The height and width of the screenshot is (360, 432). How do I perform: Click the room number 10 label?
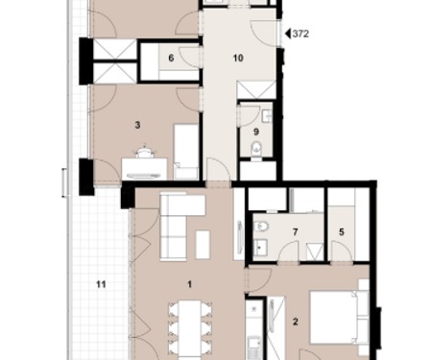[x=238, y=58]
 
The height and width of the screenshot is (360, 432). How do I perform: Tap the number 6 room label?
[x=171, y=58]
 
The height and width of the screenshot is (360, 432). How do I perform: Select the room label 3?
[x=137, y=125]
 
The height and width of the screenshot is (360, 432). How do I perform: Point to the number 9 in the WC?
[x=256, y=132]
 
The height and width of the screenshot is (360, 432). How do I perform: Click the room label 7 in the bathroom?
[x=295, y=231]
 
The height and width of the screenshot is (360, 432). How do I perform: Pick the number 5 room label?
[x=342, y=232]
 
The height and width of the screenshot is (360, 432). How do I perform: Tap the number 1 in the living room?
[x=190, y=284]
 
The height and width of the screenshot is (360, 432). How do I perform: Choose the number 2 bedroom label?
[x=296, y=322]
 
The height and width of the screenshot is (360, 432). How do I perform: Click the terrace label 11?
[x=101, y=284]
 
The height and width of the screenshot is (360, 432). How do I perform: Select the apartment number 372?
[x=300, y=34]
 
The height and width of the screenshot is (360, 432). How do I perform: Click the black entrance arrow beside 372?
[x=288, y=34]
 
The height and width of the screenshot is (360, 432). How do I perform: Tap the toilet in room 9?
[x=256, y=149]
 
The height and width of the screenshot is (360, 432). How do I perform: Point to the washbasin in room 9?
[x=267, y=116]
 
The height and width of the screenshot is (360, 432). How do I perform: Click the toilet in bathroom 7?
[x=261, y=227]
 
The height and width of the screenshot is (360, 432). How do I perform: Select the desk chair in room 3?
[x=145, y=151]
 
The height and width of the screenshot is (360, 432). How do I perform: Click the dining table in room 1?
[x=190, y=328]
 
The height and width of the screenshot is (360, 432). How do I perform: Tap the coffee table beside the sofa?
[x=203, y=245]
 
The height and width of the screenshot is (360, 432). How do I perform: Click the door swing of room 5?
[x=342, y=252]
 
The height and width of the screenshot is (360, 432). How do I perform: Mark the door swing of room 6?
[x=189, y=57]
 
